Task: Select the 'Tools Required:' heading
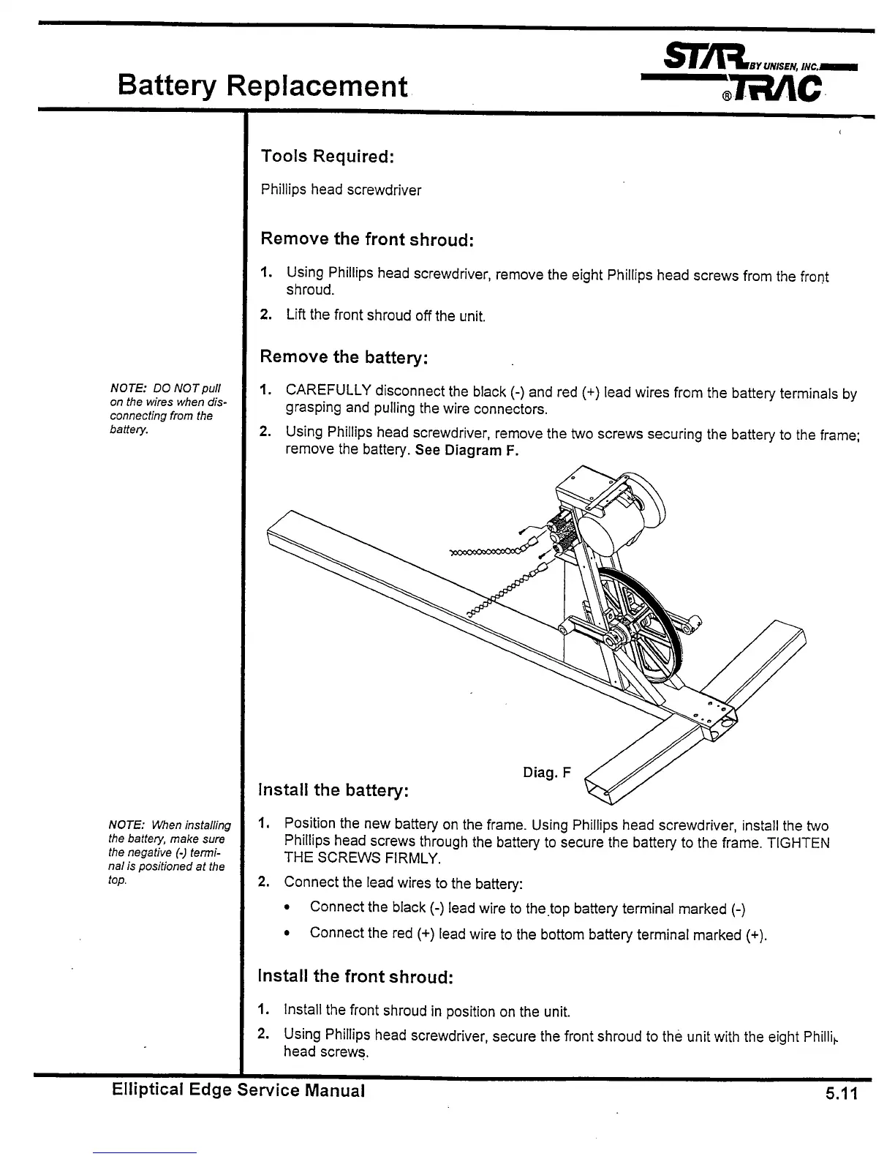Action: [x=328, y=156]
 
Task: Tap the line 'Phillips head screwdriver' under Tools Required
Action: [x=341, y=190]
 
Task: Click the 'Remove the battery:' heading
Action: [x=344, y=357]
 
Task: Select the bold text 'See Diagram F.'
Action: [x=467, y=451]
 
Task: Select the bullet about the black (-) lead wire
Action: [x=526, y=908]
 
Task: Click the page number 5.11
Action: [x=841, y=1094]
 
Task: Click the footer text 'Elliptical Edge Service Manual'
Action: [x=238, y=1091]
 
